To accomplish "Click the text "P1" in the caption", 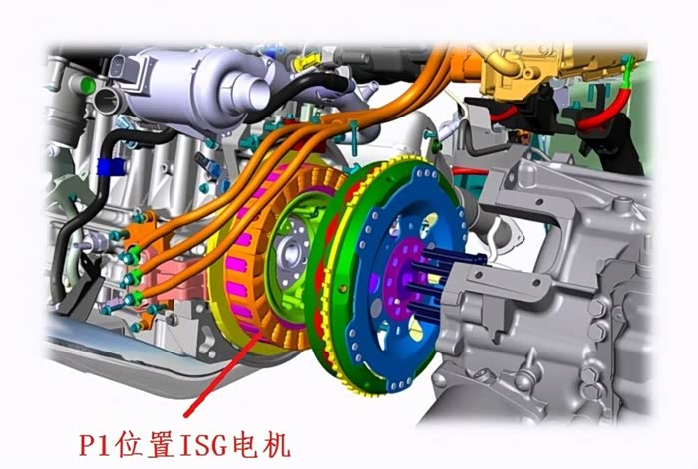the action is (x=94, y=445).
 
